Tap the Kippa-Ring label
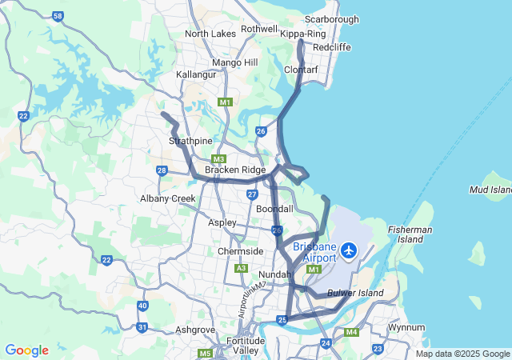pyautogui.click(x=303, y=34)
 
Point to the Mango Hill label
pyautogui.click(x=235, y=62)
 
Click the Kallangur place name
pyautogui.click(x=198, y=74)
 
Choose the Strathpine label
pyautogui.click(x=189, y=141)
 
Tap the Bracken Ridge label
pyautogui.click(x=235, y=170)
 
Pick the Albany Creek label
pyautogui.click(x=168, y=198)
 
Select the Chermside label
pyautogui.click(x=241, y=251)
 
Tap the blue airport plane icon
pyautogui.click(x=348, y=250)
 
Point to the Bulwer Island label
pyautogui.click(x=355, y=294)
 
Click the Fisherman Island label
pyautogui.click(x=410, y=235)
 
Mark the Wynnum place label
pyautogui.click(x=406, y=328)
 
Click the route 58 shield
pyautogui.click(x=58, y=16)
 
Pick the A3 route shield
pyautogui.click(x=241, y=268)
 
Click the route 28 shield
pyautogui.click(x=162, y=170)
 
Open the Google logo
pyautogui.click(x=26, y=350)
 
